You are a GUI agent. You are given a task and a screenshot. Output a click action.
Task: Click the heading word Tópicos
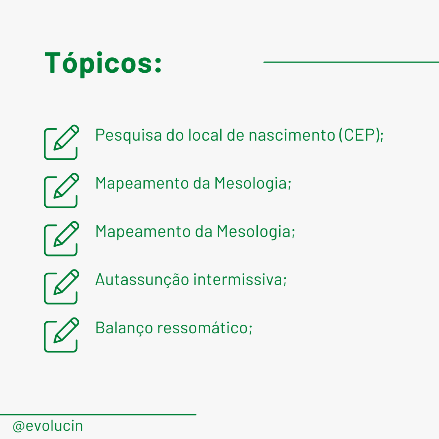click(x=98, y=63)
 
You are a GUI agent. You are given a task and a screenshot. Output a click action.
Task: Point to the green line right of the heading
click(x=351, y=62)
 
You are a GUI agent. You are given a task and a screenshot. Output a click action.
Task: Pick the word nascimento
click(x=292, y=135)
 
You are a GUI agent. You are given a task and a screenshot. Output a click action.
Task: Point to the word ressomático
click(x=202, y=328)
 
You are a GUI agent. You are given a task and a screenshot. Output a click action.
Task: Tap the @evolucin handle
click(x=48, y=426)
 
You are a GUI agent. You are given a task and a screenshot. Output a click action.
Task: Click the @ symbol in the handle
click(x=19, y=427)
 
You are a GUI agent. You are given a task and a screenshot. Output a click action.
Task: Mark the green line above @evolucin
click(x=98, y=415)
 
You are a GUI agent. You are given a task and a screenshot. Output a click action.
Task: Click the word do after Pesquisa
click(x=175, y=135)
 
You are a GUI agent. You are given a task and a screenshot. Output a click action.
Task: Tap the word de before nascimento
click(x=235, y=135)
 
